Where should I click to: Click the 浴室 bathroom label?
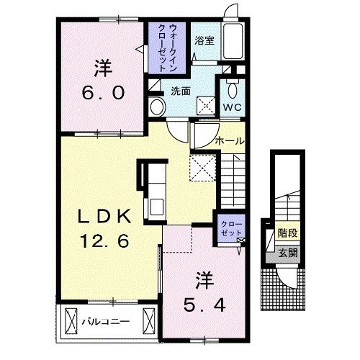(204, 40)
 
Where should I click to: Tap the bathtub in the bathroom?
(233, 41)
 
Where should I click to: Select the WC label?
(233, 107)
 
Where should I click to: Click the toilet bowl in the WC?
(232, 90)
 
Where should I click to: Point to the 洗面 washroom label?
(181, 91)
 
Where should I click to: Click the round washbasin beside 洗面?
(157, 107)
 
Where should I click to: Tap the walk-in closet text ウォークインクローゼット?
(167, 48)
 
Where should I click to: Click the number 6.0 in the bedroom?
(104, 93)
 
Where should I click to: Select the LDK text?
(104, 216)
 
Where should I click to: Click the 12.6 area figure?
(104, 240)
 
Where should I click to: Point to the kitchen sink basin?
(157, 207)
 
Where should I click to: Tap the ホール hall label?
(230, 141)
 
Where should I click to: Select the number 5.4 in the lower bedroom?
(204, 305)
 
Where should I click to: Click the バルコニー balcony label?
(106, 321)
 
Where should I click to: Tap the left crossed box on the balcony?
(71, 321)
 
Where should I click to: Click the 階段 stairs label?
(288, 233)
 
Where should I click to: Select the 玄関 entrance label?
(288, 253)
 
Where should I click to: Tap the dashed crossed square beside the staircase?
(203, 168)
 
